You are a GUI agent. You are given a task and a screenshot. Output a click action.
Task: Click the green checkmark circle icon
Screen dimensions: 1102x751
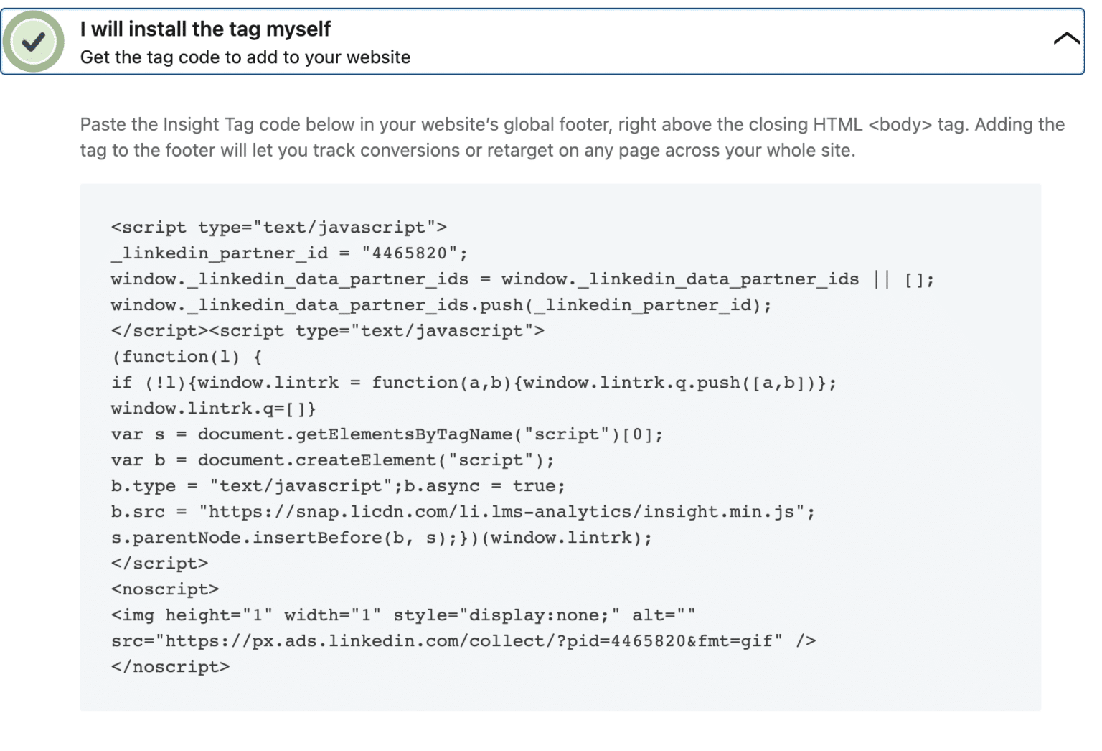(33, 42)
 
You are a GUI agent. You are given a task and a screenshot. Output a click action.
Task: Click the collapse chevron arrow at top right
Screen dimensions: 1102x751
(1066, 39)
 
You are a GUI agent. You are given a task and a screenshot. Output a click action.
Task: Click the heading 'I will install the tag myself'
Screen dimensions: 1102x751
(205, 29)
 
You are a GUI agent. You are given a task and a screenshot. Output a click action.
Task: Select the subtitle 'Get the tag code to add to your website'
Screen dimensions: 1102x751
(245, 57)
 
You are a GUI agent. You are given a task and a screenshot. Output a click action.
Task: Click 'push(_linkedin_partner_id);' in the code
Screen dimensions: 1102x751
(625, 305)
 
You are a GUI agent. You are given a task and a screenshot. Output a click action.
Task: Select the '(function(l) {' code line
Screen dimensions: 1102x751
(187, 357)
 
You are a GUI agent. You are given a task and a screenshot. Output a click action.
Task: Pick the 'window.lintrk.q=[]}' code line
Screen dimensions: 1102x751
(213, 409)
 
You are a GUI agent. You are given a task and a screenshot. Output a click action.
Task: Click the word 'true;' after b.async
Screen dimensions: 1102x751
(539, 486)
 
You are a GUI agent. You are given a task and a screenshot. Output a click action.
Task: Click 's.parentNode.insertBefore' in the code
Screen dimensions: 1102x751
(247, 538)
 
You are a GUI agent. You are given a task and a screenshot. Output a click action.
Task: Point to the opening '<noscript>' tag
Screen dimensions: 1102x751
(165, 589)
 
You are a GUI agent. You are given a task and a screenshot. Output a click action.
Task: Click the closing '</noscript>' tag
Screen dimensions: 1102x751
(171, 667)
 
